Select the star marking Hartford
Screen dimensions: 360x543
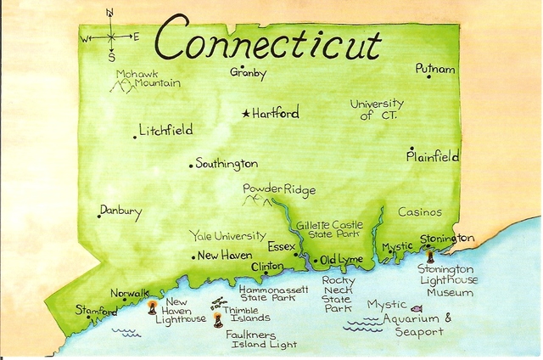(246, 113)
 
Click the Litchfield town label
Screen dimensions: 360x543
(167, 131)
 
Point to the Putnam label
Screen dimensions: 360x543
(434, 69)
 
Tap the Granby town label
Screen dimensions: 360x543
(248, 73)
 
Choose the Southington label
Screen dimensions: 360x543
(227, 163)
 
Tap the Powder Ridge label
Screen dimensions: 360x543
(278, 188)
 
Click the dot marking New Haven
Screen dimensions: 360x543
(193, 256)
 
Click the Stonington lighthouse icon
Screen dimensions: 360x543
(430, 255)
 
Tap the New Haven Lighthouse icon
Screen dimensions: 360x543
(153, 308)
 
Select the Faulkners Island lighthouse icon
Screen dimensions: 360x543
(218, 320)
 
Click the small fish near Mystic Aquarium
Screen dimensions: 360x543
(416, 308)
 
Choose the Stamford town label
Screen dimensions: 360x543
(96, 311)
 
